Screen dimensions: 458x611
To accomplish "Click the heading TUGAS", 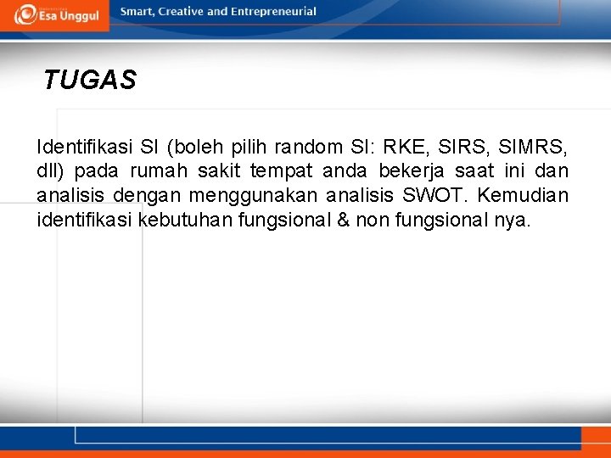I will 89,81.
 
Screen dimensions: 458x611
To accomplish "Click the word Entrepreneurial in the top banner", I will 272,12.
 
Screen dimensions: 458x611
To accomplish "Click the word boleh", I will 200,146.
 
